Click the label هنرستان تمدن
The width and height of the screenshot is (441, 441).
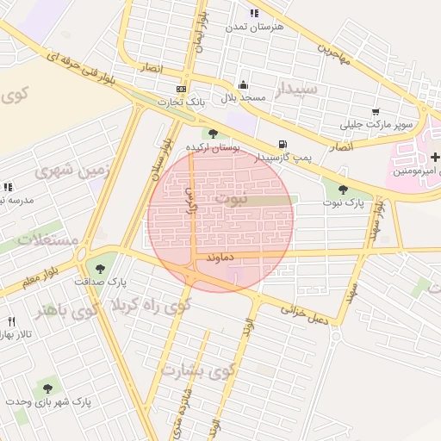[254, 28]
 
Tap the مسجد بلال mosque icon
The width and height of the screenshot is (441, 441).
[244, 85]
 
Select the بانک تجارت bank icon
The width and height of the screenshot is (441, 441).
[181, 89]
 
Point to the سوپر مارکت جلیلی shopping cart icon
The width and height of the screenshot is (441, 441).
[376, 112]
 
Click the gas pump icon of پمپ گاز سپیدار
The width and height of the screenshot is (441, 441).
[282, 144]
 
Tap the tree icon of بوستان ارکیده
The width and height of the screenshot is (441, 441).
[213, 134]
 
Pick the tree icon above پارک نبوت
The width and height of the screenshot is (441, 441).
[343, 189]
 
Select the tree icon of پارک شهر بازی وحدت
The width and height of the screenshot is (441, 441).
[47, 388]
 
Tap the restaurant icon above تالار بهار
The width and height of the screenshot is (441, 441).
[11, 321]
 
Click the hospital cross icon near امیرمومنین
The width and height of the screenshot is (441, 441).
[435, 157]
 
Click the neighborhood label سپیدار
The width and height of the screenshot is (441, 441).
[296, 89]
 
